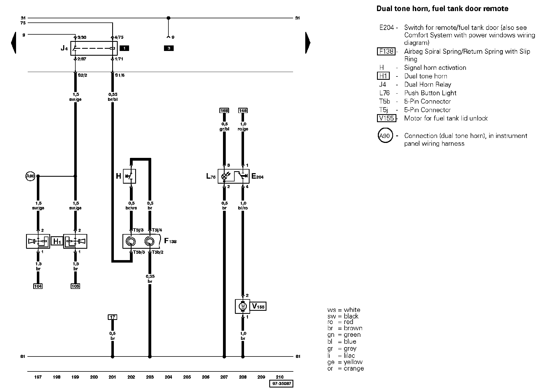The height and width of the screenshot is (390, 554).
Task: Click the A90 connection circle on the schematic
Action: coord(30,176)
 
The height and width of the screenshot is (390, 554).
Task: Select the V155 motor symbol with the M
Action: coord(243,306)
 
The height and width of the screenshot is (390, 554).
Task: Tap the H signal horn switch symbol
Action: coord(129,176)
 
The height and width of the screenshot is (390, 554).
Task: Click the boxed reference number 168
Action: coord(224,111)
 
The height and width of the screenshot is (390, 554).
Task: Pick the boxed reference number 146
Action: coord(243,111)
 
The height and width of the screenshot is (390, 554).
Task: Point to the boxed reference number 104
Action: coord(38,286)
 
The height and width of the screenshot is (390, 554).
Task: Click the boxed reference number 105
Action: coord(75,286)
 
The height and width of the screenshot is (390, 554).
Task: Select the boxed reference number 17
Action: coord(112,317)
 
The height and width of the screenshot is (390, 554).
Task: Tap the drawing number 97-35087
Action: coord(281,384)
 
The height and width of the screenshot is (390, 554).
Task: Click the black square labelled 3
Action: coord(169,48)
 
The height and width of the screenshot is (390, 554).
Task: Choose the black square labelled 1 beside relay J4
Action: coord(124,48)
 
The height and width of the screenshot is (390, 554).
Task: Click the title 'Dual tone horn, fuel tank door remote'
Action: coord(442,9)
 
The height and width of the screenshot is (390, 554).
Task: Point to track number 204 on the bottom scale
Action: coord(168,377)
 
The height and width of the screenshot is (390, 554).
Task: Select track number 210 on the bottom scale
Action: coord(280,377)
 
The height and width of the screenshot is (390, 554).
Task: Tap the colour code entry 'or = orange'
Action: coord(345,369)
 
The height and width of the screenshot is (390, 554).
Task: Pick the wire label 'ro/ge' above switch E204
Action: coord(243,129)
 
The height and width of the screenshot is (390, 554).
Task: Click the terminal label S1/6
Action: coord(120,75)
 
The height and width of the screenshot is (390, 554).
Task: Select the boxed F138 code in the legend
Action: coord(386,52)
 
